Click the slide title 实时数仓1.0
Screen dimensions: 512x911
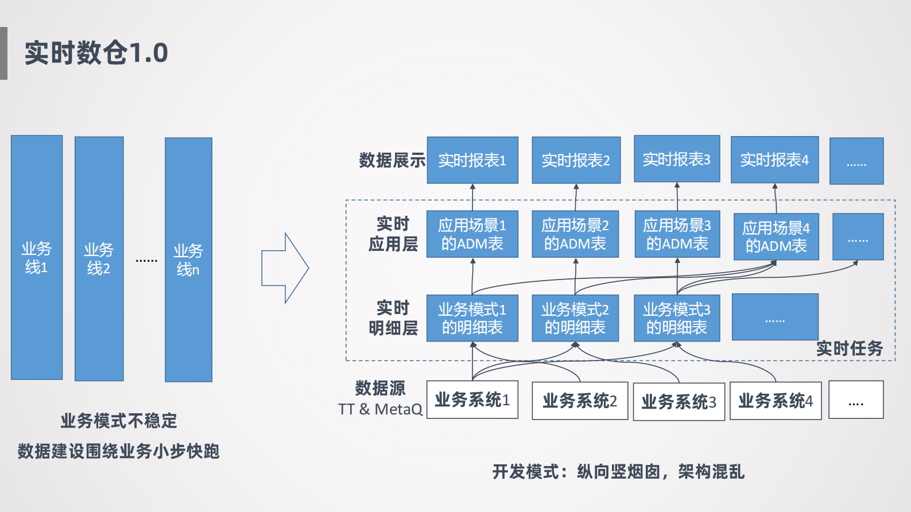(x=96, y=53)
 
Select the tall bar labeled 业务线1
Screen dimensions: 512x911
(x=37, y=257)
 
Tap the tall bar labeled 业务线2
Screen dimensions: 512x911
(x=99, y=258)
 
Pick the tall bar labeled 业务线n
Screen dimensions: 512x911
(x=188, y=259)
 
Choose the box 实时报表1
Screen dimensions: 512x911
(x=472, y=160)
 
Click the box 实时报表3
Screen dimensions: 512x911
(x=677, y=159)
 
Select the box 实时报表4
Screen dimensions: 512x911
(x=774, y=160)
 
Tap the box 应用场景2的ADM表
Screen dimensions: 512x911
(x=575, y=234)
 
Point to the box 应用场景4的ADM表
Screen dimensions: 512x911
(x=776, y=236)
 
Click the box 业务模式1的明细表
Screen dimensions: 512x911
(x=472, y=318)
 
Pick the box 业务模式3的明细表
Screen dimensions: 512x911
(x=677, y=318)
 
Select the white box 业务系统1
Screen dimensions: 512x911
(x=472, y=399)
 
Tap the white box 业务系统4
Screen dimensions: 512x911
(x=776, y=401)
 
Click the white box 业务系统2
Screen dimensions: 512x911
(x=580, y=401)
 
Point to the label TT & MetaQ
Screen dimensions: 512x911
(x=380, y=409)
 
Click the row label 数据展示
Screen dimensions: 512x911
(x=392, y=160)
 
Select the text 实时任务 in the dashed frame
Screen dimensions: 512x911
(x=850, y=348)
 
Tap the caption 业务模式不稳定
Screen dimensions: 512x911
(x=119, y=421)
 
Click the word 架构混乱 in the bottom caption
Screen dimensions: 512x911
(x=711, y=472)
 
